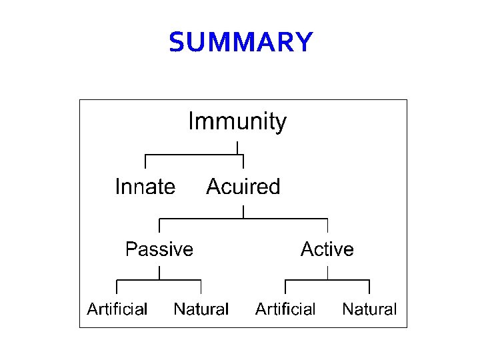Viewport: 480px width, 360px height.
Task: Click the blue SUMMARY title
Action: click(240, 43)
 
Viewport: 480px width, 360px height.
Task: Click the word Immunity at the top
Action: click(237, 122)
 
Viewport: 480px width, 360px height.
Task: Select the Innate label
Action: click(145, 187)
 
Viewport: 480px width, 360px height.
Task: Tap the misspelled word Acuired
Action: click(243, 187)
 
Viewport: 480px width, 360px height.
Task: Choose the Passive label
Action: click(159, 249)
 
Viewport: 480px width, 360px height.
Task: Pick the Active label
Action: click(327, 249)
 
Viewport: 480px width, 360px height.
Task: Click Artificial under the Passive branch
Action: click(117, 309)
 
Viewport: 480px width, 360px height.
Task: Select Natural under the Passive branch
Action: click(201, 309)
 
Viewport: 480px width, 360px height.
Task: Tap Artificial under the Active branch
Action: click(285, 309)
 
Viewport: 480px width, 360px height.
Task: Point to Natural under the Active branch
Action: click(369, 309)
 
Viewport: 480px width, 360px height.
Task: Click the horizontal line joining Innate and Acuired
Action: click(194, 155)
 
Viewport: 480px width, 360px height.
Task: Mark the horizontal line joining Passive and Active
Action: click(243, 218)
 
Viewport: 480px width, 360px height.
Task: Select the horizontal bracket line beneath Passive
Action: click(159, 280)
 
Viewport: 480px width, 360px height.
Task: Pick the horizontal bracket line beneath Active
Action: click(327, 280)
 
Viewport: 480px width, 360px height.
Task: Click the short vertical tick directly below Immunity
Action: click(238, 147)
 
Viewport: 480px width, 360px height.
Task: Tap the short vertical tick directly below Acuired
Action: click(243, 211)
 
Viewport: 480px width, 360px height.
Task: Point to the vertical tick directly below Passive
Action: click(159, 273)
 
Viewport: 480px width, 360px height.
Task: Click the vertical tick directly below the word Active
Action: click(327, 273)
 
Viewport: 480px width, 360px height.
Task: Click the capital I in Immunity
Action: click(191, 122)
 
